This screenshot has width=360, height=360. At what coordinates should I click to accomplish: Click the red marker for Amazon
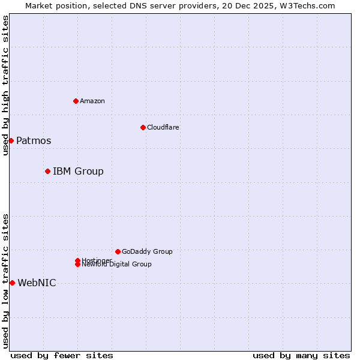tap(76, 101)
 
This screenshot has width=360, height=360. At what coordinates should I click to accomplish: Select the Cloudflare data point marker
tap(143, 127)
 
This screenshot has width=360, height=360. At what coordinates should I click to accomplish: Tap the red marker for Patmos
tap(11, 140)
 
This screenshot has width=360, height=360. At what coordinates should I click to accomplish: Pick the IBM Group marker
tap(47, 171)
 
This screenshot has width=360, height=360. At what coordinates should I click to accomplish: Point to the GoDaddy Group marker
tap(118, 251)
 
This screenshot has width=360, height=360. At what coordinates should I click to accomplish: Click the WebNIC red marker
tap(12, 283)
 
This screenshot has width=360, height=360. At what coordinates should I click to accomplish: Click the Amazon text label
tap(92, 101)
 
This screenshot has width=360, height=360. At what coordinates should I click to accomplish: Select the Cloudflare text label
tap(163, 127)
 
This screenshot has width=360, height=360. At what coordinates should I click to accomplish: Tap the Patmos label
tap(34, 141)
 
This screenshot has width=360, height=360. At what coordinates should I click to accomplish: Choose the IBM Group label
tap(78, 172)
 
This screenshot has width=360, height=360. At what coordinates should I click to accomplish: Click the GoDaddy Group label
tap(147, 251)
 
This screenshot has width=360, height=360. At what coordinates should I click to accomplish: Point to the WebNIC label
tap(37, 283)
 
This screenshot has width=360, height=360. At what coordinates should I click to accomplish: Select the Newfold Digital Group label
tap(116, 265)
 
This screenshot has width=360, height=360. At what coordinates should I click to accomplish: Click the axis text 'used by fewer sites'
tap(62, 356)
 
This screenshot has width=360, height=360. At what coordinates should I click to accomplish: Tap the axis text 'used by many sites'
tap(301, 356)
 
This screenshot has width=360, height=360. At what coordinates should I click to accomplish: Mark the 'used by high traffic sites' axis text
tap(5, 85)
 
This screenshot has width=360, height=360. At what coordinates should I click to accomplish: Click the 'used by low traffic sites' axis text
tap(5, 281)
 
